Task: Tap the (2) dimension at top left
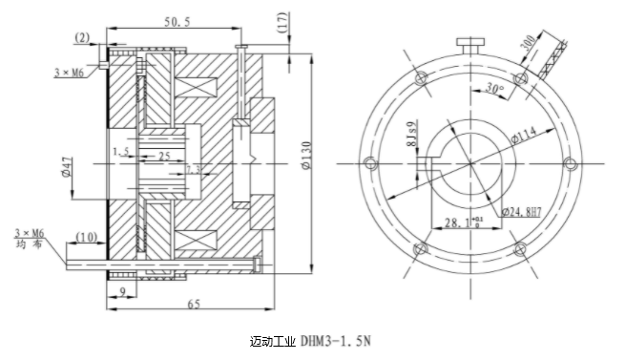[x=83, y=37]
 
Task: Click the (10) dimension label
[x=83, y=236]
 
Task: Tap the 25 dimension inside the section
[x=165, y=153]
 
